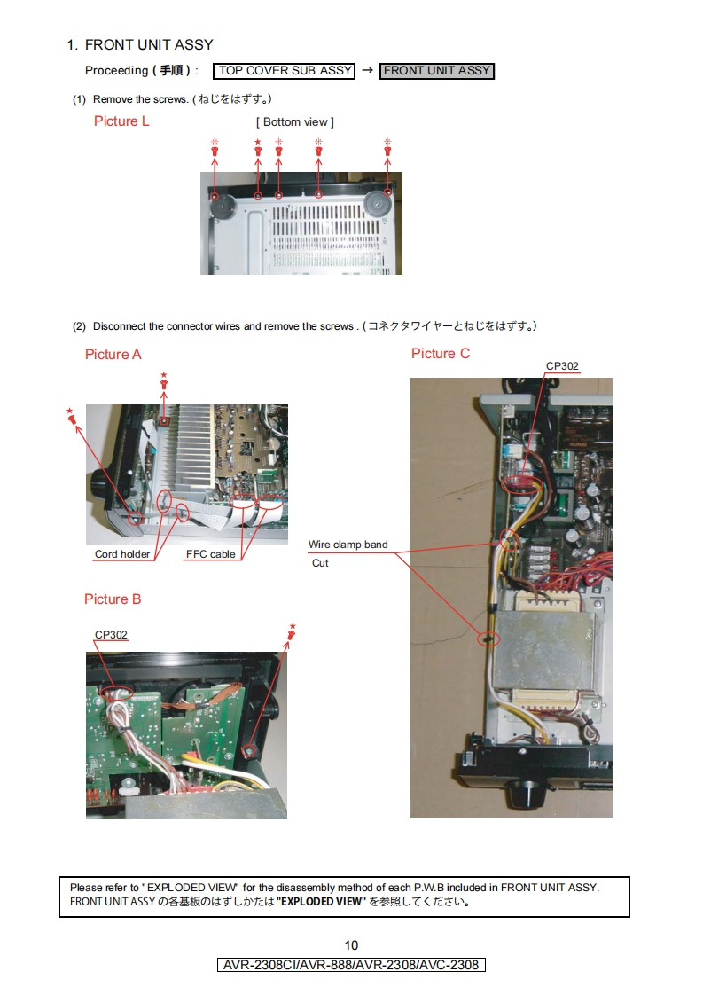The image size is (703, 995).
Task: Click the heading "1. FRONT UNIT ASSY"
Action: pos(140,44)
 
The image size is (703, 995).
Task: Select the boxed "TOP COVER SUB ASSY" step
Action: pos(285,71)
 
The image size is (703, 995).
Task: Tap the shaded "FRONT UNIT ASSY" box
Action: pos(437,71)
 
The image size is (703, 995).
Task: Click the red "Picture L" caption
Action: pos(121,121)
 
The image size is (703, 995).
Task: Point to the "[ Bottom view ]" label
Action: pos(295,122)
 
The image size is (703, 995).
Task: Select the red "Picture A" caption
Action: pos(113,355)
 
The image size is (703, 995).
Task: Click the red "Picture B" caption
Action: pos(113,599)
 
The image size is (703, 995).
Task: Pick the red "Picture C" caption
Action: pos(441,354)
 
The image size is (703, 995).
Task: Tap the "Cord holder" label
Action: pos(122,555)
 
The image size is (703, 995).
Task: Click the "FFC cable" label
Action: pos(210,555)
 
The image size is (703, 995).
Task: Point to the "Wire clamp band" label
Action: pos(348,545)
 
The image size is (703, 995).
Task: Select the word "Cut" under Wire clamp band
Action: pos(320,563)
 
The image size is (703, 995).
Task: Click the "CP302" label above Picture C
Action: pos(562,366)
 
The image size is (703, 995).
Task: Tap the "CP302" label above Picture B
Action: pos(112,634)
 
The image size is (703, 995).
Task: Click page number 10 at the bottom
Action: pos(351,945)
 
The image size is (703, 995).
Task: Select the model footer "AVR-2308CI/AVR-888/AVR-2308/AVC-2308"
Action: pos(351,965)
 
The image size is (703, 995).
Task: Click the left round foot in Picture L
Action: pos(220,206)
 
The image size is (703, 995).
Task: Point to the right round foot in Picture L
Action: pos(378,203)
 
